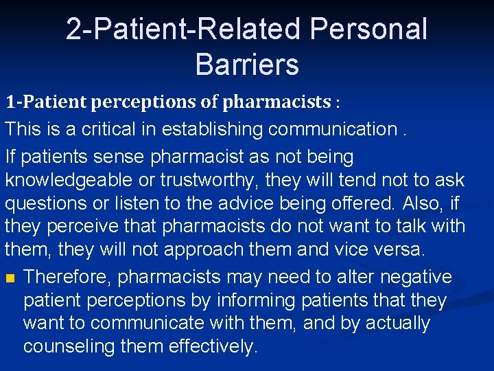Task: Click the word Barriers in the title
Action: point(247,64)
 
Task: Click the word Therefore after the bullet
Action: point(66,277)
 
